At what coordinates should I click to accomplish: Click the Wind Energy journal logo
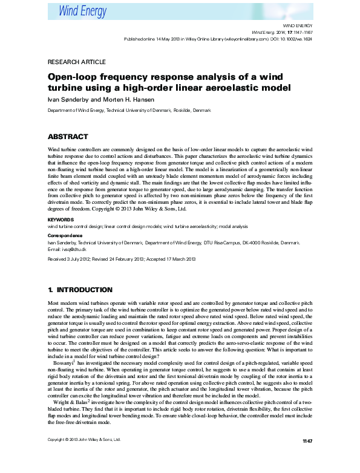click(82, 10)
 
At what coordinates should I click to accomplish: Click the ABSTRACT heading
click(68, 137)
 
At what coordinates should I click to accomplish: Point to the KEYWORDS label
click(61, 220)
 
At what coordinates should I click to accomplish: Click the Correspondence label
click(67, 235)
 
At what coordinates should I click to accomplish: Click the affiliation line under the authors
click(129, 111)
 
